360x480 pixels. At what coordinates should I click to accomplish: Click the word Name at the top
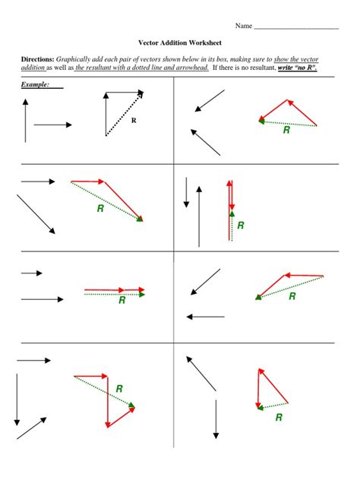pyautogui.click(x=243, y=26)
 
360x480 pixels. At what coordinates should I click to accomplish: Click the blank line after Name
pyautogui.click(x=295, y=27)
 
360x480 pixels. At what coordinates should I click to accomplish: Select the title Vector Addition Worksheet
pyautogui.click(x=179, y=43)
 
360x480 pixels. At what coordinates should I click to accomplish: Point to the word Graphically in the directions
pyautogui.click(x=74, y=58)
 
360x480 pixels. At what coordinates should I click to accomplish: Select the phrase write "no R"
pyautogui.click(x=297, y=68)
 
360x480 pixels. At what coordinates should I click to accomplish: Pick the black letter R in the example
pyautogui.click(x=134, y=120)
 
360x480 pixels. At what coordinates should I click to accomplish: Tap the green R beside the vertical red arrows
pyautogui.click(x=241, y=225)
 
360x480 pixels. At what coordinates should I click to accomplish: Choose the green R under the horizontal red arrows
pyautogui.click(x=122, y=300)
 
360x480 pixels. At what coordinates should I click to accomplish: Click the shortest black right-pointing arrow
pyautogui.click(x=31, y=273)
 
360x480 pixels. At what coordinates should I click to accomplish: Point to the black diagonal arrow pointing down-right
pyautogui.click(x=36, y=214)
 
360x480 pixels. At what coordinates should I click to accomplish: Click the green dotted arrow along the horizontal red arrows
pyautogui.click(x=114, y=294)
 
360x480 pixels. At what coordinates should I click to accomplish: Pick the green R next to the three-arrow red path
pyautogui.click(x=119, y=389)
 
